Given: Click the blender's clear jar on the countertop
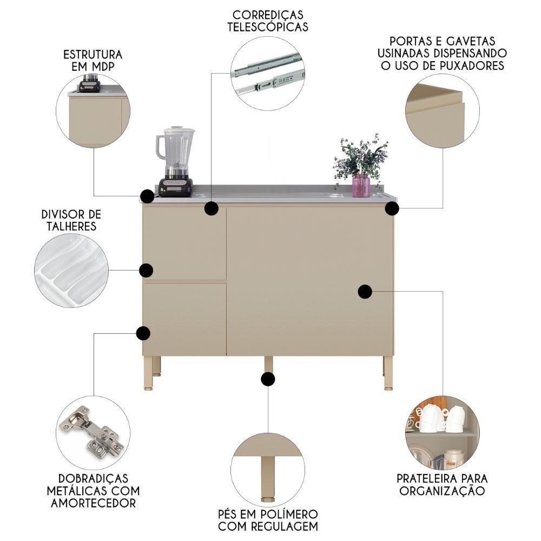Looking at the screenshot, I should pyautogui.click(x=176, y=146).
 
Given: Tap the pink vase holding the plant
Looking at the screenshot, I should pyautogui.click(x=361, y=186).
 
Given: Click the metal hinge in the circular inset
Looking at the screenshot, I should pyautogui.click(x=92, y=431).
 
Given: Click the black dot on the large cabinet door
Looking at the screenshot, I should pyautogui.click(x=365, y=292).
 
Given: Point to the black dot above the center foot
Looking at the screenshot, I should pyautogui.click(x=268, y=379).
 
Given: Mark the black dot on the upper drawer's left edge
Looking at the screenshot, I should pyautogui.click(x=146, y=270).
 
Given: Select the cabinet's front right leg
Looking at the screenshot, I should pyautogui.click(x=388, y=373).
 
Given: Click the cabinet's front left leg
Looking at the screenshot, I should pyautogui.click(x=148, y=373).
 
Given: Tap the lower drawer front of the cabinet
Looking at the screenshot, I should pyautogui.click(x=184, y=319).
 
